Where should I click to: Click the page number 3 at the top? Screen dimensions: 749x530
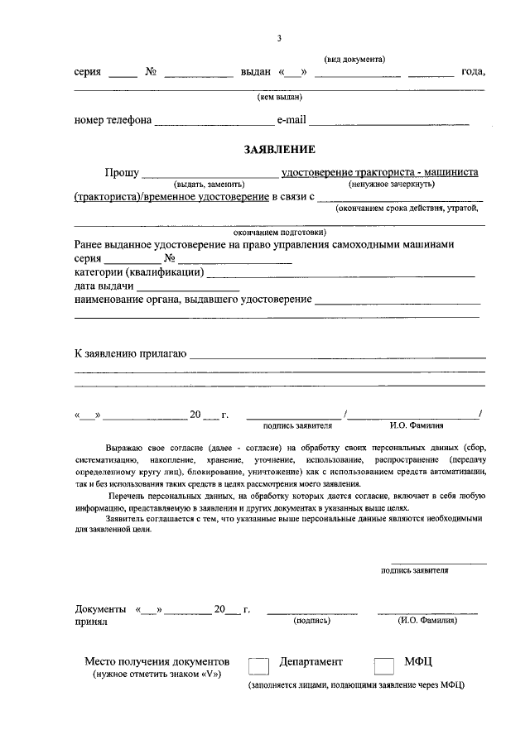tap(279, 38)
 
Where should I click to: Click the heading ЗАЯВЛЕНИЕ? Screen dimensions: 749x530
tap(279, 149)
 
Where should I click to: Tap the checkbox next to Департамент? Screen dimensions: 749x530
tap(259, 667)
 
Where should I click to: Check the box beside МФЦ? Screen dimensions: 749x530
tap(384, 667)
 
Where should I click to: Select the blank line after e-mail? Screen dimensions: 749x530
tap(388, 122)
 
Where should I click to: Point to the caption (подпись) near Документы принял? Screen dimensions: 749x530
tap(311, 619)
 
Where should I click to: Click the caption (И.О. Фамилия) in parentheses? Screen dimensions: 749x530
tap(427, 619)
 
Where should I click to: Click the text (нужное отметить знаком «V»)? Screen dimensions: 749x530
tap(156, 675)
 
